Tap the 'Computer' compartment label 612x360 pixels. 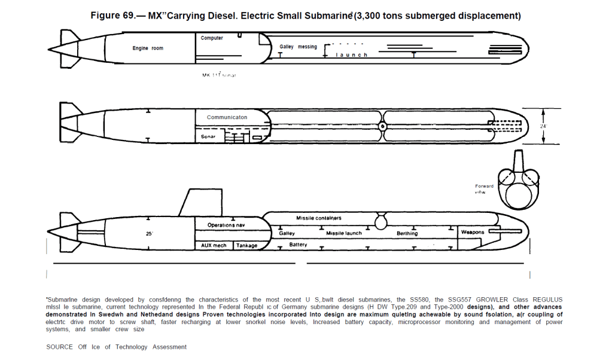tap(212, 38)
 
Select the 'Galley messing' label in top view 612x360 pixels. tap(298, 47)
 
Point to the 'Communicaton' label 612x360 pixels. tap(227, 117)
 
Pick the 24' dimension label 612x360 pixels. tap(543, 126)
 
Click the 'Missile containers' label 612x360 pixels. tap(319, 218)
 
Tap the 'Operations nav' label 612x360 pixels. tap(226, 225)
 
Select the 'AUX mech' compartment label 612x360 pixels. tap(214, 245)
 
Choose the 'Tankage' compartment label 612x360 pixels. tap(246, 245)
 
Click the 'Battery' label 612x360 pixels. tap(298, 245)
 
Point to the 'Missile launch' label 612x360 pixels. tap(344, 233)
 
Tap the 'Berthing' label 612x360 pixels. tap(407, 233)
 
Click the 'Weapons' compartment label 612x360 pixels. tap(472, 232)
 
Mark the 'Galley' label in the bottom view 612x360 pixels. tap(287, 233)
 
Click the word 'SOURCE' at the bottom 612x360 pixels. tap(60, 347)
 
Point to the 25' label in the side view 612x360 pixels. tap(150, 233)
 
